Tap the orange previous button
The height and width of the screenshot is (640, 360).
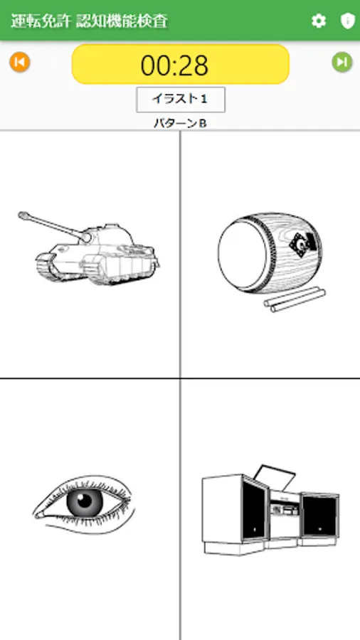20,63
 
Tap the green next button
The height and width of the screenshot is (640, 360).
342,63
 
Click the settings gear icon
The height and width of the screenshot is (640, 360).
319,21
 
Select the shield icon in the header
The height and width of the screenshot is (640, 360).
347,21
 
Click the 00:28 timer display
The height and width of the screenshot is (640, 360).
181,65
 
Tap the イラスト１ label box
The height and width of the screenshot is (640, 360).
181,99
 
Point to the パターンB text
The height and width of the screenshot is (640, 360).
181,123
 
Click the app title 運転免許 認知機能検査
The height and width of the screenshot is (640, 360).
89,21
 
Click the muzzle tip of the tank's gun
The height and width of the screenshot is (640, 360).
21,214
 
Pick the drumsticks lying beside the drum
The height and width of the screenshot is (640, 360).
295,299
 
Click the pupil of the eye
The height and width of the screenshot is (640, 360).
85,500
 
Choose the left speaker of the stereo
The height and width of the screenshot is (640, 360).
235,507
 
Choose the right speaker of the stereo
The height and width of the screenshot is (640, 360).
319,515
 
